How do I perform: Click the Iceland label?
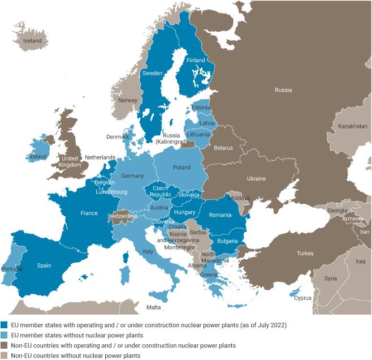tap(32, 41)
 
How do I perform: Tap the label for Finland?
tap(196, 61)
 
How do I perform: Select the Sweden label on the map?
tap(152, 74)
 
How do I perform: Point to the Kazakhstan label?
tap(353, 126)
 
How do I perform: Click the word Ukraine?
tap(256, 178)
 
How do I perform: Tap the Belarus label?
tap(223, 147)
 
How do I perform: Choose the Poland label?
tap(181, 168)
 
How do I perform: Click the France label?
tap(89, 213)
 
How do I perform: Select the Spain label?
tap(44, 265)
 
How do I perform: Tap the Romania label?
tap(220, 215)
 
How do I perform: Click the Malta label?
tap(153, 307)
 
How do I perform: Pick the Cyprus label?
tap(302, 298)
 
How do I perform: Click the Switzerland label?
tap(122, 216)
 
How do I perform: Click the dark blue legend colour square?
tap(5, 325)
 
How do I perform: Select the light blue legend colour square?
tap(5, 336)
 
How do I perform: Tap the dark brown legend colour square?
tap(5, 346)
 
